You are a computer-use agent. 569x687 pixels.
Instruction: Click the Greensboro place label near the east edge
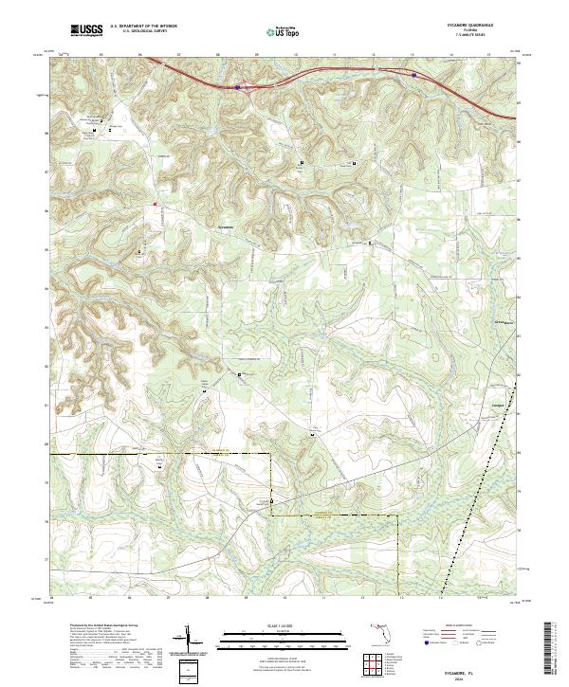pos(505,322)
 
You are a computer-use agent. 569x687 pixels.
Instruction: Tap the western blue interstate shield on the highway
pos(237,88)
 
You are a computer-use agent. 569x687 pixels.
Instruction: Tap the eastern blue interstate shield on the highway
pos(414,75)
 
